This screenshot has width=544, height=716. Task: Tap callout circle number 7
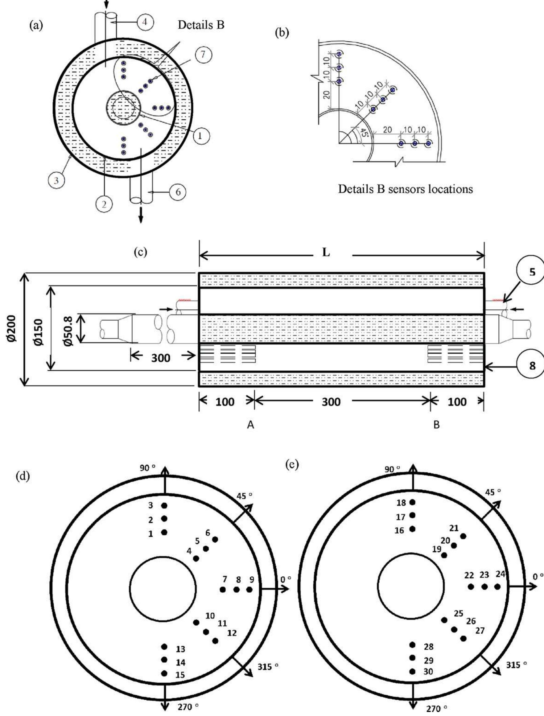click(x=203, y=54)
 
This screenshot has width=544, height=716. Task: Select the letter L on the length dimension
click(x=326, y=253)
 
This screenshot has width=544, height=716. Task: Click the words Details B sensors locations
click(x=406, y=189)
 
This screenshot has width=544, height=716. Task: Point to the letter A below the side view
click(x=250, y=425)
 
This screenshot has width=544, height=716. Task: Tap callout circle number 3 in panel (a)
click(x=56, y=181)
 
